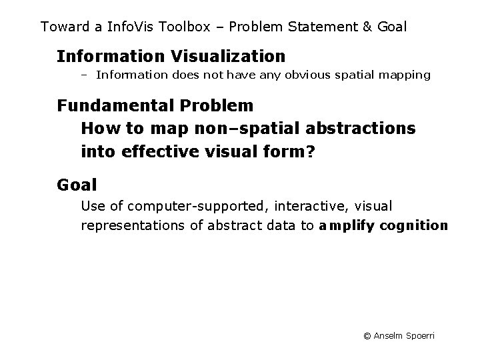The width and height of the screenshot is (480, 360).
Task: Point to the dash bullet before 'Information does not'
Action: click(x=85, y=75)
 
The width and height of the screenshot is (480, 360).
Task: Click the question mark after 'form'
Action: click(x=309, y=152)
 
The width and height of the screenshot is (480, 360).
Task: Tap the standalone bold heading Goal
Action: click(x=77, y=184)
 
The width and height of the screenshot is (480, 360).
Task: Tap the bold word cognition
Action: click(x=414, y=225)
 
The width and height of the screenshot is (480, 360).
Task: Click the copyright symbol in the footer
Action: click(x=367, y=335)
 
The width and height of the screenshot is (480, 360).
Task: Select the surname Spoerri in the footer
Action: click(x=419, y=335)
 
